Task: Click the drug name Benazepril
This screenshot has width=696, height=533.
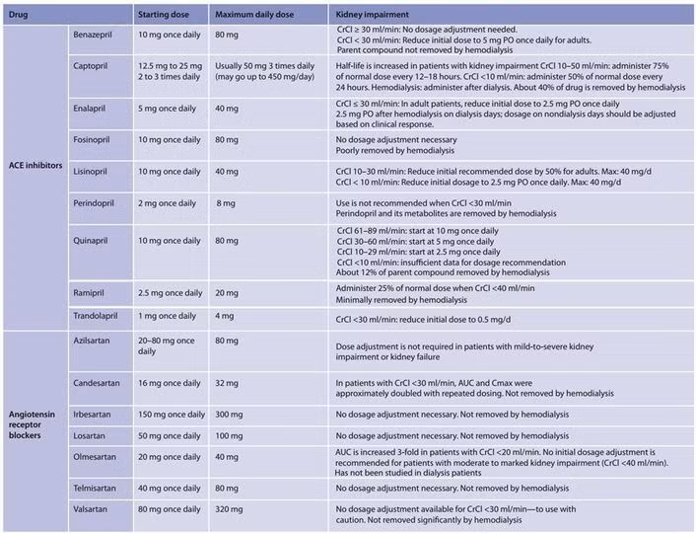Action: tap(96, 34)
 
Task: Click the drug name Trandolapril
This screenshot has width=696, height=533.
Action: tap(100, 315)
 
